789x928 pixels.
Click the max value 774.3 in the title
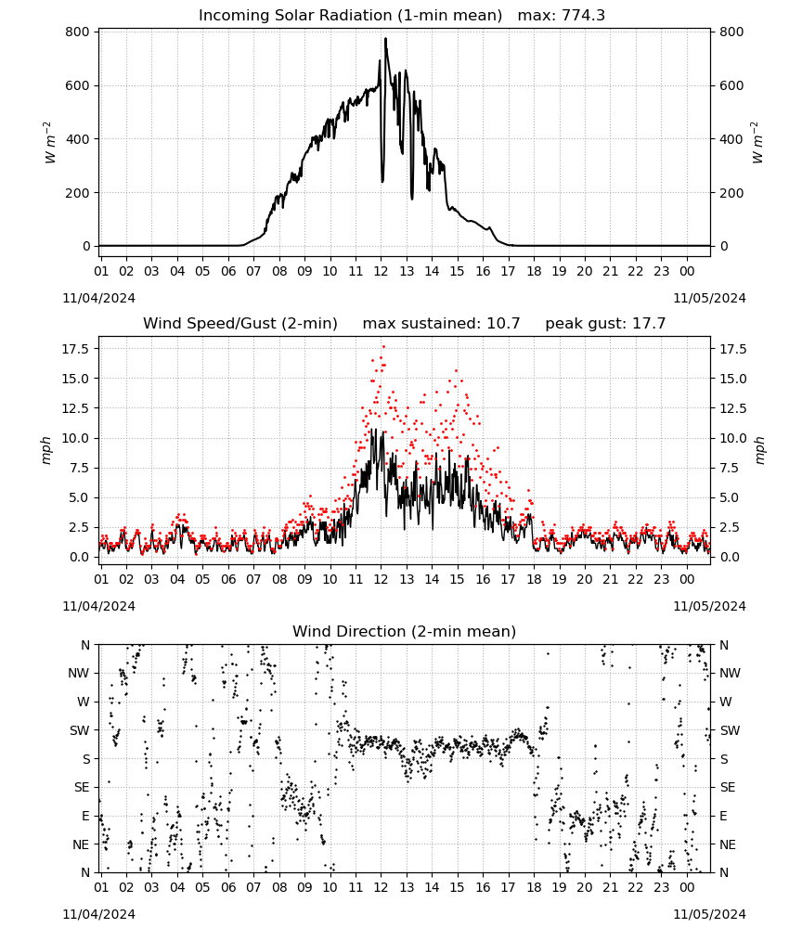pyautogui.click(x=583, y=15)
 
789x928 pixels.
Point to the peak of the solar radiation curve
pyautogui.click(x=385, y=38)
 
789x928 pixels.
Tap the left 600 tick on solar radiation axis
pyautogui.click(x=78, y=85)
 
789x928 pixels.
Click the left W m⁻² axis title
pyautogui.click(x=51, y=142)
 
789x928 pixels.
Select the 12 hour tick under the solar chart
pyautogui.click(x=381, y=271)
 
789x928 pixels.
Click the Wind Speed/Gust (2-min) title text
pyautogui.click(x=240, y=323)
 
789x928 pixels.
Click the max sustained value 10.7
pyautogui.click(x=503, y=323)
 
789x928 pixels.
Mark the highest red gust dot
pyautogui.click(x=383, y=346)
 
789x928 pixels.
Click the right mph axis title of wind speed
pyautogui.click(x=759, y=450)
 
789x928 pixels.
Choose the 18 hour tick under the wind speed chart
pyautogui.click(x=534, y=579)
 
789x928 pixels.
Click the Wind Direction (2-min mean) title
pyautogui.click(x=405, y=631)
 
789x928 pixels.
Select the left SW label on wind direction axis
pyautogui.click(x=80, y=730)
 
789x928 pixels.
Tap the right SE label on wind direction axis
pyautogui.click(x=728, y=787)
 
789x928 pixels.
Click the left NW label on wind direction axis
pyautogui.click(x=79, y=673)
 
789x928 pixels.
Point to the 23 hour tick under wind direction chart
pyautogui.click(x=661, y=887)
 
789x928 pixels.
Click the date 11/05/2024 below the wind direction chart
pyautogui.click(x=709, y=914)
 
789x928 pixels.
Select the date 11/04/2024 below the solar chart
pyautogui.click(x=98, y=298)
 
